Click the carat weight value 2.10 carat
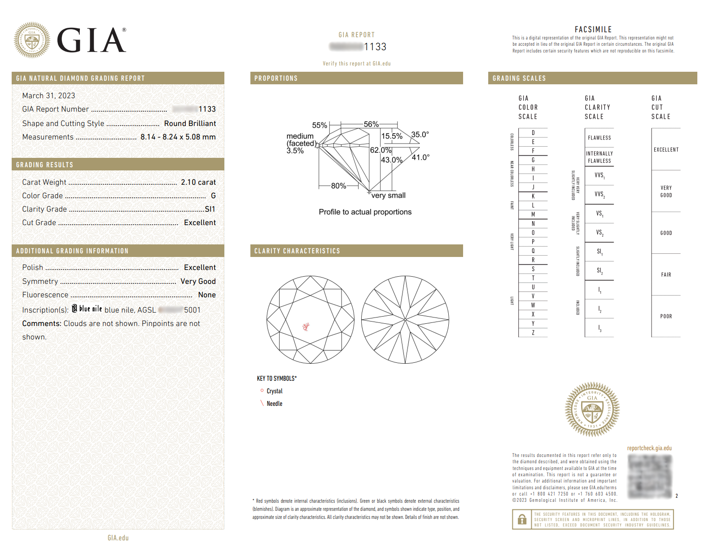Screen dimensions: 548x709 198,182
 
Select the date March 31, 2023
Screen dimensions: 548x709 48,96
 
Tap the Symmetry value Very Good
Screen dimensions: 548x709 198,281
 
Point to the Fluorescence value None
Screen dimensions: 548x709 207,295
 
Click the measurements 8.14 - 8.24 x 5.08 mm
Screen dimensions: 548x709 178,137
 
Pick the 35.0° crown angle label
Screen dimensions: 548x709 420,135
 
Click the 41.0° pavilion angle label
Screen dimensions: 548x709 420,157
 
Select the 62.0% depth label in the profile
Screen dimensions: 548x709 381,150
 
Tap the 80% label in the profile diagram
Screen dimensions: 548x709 338,186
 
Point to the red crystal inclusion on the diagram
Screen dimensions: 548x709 306,326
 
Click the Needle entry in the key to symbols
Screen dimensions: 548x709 274,404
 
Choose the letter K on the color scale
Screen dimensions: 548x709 533,196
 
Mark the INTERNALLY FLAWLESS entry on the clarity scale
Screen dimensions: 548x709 599,157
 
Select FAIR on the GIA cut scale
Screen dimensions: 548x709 666,274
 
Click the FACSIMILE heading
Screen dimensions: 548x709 593,29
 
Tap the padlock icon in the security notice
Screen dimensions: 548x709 522,519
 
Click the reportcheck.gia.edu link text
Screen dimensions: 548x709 649,448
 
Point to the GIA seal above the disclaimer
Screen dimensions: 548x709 592,409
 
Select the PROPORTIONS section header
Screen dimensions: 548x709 276,78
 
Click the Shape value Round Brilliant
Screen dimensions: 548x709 190,123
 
